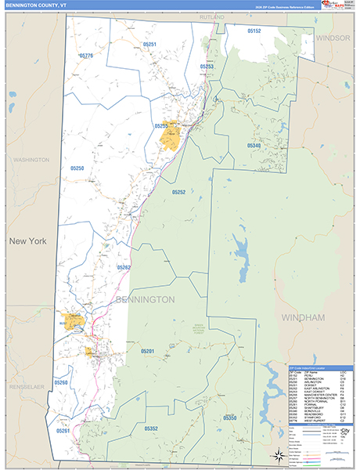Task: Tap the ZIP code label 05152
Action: pyautogui.click(x=254, y=31)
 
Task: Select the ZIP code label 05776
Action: pyautogui.click(x=86, y=56)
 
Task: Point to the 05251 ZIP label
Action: pyautogui.click(x=150, y=45)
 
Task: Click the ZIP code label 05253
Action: pyautogui.click(x=207, y=67)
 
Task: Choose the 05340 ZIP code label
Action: pyautogui.click(x=254, y=146)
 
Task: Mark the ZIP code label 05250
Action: pyautogui.click(x=77, y=168)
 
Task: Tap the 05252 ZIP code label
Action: pyautogui.click(x=178, y=192)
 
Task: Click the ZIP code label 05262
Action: pyautogui.click(x=124, y=267)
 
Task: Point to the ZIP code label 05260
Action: pyautogui.click(x=61, y=382)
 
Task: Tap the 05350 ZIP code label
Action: pyautogui.click(x=229, y=418)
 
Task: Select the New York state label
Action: pyautogui.click(x=27, y=241)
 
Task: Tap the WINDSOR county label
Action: pyautogui.click(x=332, y=38)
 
